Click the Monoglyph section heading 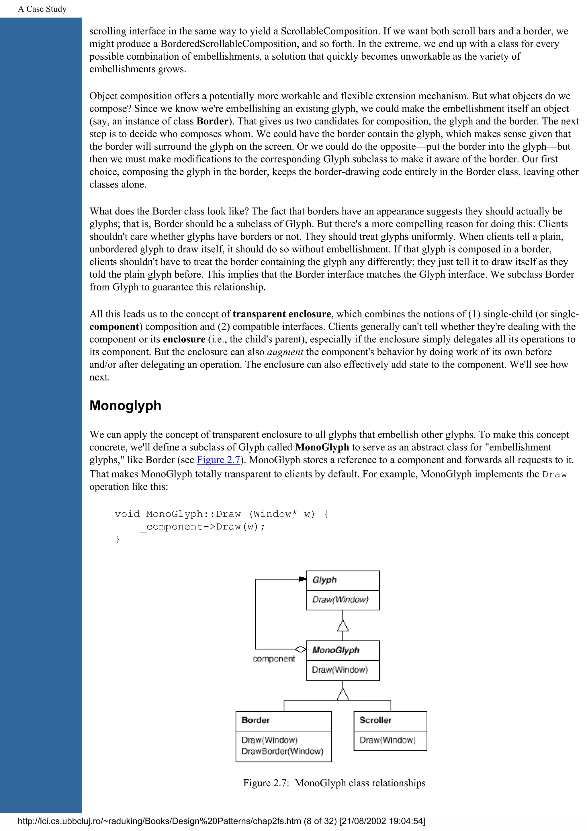pyautogui.click(x=125, y=406)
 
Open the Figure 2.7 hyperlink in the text pyautogui.click(x=218, y=460)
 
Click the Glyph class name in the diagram pyautogui.click(x=324, y=580)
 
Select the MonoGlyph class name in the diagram pyautogui.click(x=336, y=650)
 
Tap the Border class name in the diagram pyautogui.click(x=256, y=720)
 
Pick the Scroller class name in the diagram pyautogui.click(x=375, y=720)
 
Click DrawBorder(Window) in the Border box pyautogui.click(x=282, y=751)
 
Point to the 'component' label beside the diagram pyautogui.click(x=274, y=659)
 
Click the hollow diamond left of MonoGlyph pyautogui.click(x=300, y=649)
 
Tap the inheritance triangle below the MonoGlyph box pyautogui.click(x=343, y=694)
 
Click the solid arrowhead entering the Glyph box pyautogui.click(x=302, y=579)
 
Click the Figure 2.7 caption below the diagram pyautogui.click(x=334, y=783)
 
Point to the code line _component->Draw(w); pyautogui.click(x=203, y=526)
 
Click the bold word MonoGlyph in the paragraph pyautogui.click(x=322, y=447)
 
